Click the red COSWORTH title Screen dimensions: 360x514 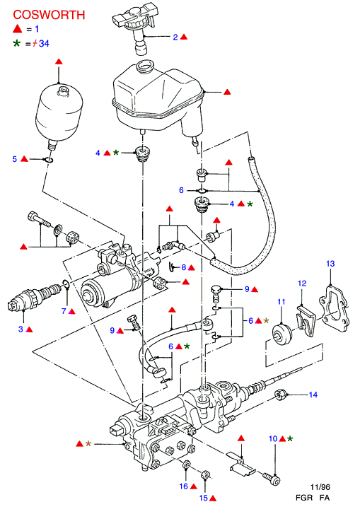tap(49, 15)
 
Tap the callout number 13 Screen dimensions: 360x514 tap(330, 264)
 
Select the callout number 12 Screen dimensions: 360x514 tap(302, 284)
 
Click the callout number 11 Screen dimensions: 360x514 tap(281, 302)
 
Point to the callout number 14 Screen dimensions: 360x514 tap(313, 395)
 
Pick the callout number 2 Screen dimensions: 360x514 tap(175, 37)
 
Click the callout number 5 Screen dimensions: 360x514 tap(14, 159)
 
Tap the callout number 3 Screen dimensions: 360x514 tap(21, 329)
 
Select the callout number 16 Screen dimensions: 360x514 tap(184, 486)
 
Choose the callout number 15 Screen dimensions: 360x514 tap(204, 498)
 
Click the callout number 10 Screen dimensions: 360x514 tap(273, 438)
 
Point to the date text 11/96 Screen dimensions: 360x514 tap(320, 487)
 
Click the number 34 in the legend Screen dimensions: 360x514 tap(44, 43)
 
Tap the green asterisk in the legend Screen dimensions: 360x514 tap(17, 43)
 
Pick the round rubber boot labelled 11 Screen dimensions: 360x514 tap(282, 334)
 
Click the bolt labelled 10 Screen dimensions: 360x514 tap(271, 478)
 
